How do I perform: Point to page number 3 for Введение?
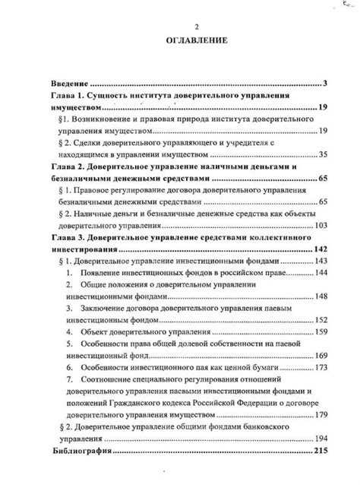(x=324, y=83)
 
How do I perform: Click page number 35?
(x=322, y=154)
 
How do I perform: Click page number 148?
(x=321, y=296)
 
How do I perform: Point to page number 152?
(x=321, y=319)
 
